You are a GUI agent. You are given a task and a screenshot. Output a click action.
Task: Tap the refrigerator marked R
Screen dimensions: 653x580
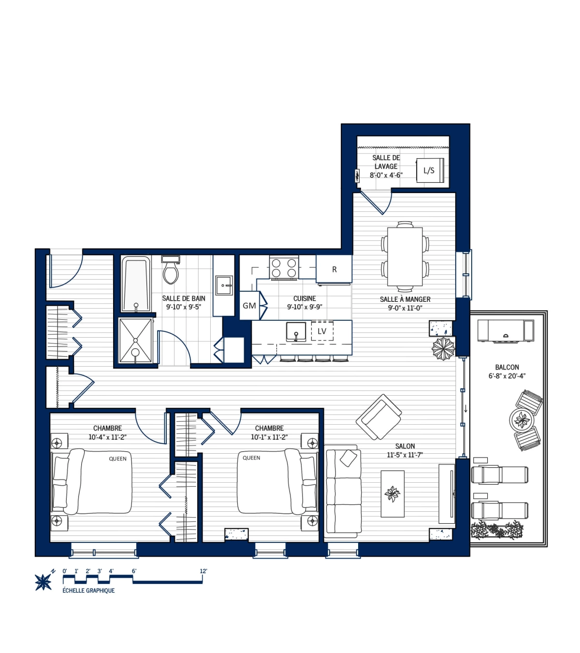coord(334,269)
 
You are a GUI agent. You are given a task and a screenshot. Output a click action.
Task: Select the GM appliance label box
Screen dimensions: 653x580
coord(249,306)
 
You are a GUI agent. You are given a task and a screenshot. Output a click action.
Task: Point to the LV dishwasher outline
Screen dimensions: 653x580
coord(322,331)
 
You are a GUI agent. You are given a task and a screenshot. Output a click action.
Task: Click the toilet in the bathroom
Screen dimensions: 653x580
coord(171,271)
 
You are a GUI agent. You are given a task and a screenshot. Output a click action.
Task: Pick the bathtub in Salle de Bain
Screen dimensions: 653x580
coord(136,284)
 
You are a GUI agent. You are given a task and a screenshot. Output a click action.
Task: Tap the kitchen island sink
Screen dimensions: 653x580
coord(296,332)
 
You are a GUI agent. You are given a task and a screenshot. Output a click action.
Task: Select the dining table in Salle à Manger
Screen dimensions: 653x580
coord(405,257)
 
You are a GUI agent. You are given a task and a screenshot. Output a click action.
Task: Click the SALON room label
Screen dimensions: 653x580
coord(405,446)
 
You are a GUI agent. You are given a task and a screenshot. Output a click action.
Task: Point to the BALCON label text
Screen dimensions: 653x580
coord(507,368)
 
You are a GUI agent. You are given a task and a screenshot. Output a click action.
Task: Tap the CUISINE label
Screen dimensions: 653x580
coord(304,299)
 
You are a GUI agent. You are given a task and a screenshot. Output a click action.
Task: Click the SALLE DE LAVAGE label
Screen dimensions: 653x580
coord(386,162)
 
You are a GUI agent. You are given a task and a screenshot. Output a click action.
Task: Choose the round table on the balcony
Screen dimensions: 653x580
coord(522,419)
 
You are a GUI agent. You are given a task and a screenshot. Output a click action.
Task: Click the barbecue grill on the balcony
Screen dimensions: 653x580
coord(506,331)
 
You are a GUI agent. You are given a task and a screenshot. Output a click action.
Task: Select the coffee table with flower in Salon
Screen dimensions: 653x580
coord(392,493)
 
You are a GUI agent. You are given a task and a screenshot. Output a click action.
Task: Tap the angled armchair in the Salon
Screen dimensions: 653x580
coord(379,416)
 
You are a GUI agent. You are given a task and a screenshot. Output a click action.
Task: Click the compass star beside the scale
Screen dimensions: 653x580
coord(43,581)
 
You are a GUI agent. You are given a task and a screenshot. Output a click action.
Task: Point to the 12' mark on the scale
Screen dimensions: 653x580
coord(203,571)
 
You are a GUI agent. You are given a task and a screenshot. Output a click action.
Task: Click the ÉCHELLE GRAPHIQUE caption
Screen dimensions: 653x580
coord(88,591)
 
